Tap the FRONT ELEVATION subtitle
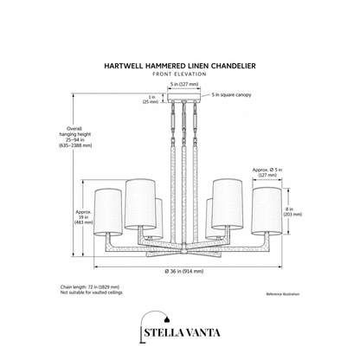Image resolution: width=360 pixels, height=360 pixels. coord(179,74)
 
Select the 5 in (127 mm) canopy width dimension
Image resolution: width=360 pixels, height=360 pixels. coord(183,84)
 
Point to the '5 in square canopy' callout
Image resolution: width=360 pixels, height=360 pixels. coord(231,94)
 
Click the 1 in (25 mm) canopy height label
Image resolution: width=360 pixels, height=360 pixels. coord(151,100)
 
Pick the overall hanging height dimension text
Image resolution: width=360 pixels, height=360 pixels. coord(75,137)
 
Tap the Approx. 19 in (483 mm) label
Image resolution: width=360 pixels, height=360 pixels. coord(84,217)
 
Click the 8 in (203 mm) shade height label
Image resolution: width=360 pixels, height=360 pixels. coord(292,212)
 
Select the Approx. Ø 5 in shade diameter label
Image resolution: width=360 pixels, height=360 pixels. coord(267,172)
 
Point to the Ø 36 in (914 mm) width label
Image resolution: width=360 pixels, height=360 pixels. coord(184,271)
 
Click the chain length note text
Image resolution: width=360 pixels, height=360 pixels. coord(90,287)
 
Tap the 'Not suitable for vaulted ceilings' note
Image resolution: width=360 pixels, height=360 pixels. coord(92,292)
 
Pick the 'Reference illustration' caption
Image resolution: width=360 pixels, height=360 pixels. coord(283,294)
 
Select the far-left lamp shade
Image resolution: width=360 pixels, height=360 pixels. coord(108,211)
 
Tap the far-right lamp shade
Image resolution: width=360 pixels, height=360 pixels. coord(267,211)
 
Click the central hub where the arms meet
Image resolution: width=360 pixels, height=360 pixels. coord(183,249)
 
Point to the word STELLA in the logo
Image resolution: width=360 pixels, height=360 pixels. coord(163,332)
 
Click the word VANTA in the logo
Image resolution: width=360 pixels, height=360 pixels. coord(202,332)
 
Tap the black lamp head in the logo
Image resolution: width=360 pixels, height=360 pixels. coord(167,319)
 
